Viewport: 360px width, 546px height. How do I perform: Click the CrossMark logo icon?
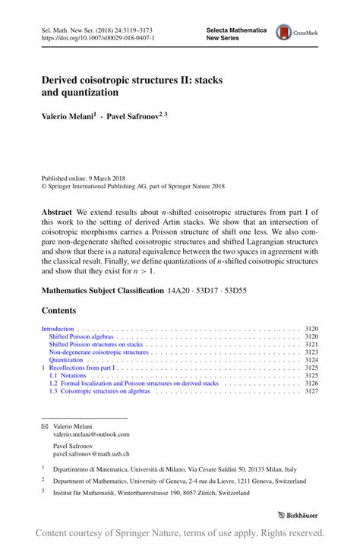coord(283,32)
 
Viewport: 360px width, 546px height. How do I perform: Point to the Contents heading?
coord(58,310)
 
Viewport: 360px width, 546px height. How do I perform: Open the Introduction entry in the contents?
coord(57,329)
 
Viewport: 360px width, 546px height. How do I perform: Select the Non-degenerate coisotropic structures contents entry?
coord(99,352)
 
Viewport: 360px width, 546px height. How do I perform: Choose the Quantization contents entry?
coord(66,360)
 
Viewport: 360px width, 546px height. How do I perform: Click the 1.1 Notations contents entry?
coord(68,375)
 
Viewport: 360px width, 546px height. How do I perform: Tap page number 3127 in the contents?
coord(311,391)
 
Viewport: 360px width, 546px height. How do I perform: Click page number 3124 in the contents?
coord(311,360)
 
